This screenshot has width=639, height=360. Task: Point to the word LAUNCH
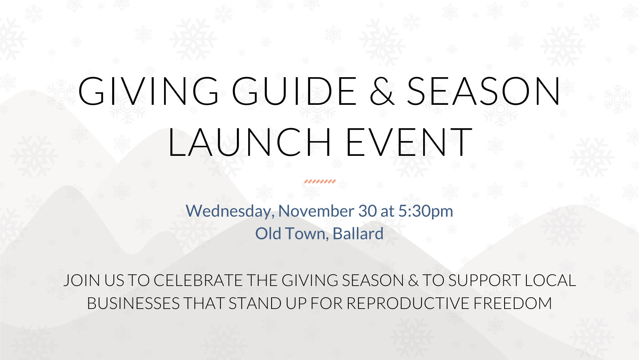(249, 142)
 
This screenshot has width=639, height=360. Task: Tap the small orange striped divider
(320, 182)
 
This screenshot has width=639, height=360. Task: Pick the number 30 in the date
(367, 211)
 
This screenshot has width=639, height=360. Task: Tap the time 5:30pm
(425, 211)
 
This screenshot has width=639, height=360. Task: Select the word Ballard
(358, 234)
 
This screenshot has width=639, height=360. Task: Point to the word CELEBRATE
(198, 281)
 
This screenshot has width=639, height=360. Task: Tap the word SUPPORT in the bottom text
(484, 281)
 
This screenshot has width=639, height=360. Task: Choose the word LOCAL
(550, 281)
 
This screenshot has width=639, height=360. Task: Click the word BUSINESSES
(133, 304)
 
